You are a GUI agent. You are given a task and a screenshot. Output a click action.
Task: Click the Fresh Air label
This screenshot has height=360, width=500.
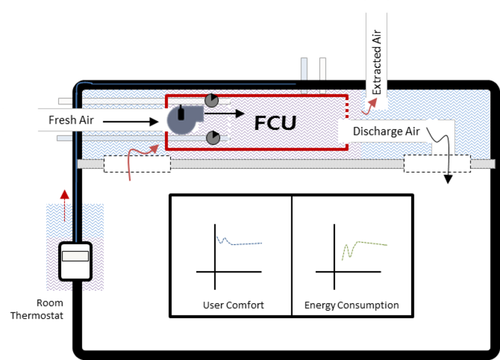click(x=71, y=120)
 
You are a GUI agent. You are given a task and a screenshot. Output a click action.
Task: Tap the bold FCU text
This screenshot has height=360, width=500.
click(x=275, y=122)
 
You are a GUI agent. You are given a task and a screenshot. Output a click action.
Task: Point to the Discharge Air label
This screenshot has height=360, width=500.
click(x=386, y=131)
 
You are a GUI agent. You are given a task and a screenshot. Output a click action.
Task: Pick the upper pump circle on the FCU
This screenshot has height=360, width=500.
click(x=212, y=100)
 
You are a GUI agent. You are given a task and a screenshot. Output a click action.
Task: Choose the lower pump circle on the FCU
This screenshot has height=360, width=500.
click(x=214, y=137)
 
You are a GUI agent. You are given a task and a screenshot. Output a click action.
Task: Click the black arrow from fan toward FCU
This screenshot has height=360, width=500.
click(x=224, y=113)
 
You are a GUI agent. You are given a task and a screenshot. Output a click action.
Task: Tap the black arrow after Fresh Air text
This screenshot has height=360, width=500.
click(x=131, y=122)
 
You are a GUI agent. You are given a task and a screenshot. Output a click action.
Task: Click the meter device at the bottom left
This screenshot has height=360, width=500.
click(x=75, y=261)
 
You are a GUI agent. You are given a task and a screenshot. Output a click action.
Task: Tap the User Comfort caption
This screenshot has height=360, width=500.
click(x=233, y=306)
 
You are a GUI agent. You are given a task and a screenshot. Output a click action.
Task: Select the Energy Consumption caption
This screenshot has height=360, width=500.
click(x=351, y=306)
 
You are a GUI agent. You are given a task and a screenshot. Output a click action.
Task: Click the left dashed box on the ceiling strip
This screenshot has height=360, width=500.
click(x=137, y=164)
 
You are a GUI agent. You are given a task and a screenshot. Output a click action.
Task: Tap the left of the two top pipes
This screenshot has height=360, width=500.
click(x=304, y=69)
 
